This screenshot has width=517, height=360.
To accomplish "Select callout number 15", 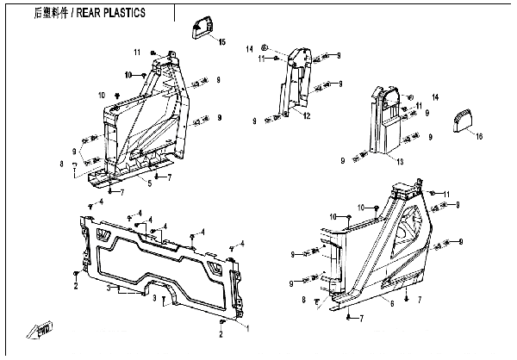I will pos(221,42).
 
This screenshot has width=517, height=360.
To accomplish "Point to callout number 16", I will pos(480,135).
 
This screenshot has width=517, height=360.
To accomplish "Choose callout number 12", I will pos(306,116).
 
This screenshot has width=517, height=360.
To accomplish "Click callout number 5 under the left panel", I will pos(150,183).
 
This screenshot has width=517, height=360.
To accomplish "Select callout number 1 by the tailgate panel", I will pos(249,328).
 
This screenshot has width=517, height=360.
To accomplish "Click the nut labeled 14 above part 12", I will pos(265,47).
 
